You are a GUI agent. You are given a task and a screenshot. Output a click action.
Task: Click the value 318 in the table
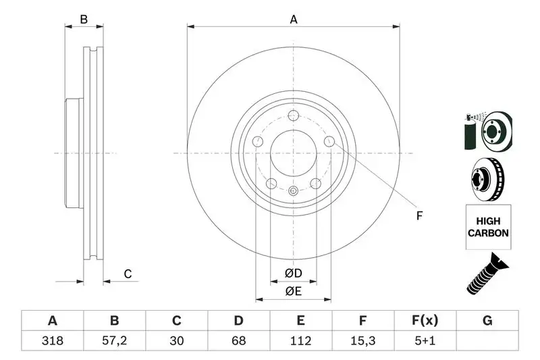[x=52, y=342]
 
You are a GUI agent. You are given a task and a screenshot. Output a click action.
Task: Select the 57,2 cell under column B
[x=114, y=342]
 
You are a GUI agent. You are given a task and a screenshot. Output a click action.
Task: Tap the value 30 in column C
[x=176, y=342]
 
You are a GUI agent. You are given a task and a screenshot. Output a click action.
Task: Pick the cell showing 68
[x=238, y=342]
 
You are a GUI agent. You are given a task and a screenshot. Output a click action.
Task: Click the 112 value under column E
[x=300, y=342]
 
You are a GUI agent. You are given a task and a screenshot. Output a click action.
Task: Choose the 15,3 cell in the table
[x=362, y=342]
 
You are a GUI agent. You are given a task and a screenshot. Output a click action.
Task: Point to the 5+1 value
[x=425, y=342]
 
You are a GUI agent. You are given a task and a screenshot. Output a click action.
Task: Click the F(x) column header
[x=425, y=321]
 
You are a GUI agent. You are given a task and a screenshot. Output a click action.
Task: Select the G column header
[x=487, y=321]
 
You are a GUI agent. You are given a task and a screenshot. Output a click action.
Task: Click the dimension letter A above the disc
[x=294, y=20]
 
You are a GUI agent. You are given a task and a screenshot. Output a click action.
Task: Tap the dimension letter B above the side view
[x=84, y=20]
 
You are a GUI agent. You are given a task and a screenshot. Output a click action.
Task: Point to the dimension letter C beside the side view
[x=127, y=274]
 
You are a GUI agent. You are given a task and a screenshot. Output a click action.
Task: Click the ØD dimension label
[x=293, y=274]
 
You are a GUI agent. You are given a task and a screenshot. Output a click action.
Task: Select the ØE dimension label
[x=293, y=291]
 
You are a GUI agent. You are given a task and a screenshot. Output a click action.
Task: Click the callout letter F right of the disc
[x=418, y=216]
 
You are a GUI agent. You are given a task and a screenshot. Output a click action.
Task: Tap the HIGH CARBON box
[x=488, y=226]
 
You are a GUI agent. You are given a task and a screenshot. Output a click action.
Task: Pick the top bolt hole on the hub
[x=294, y=115]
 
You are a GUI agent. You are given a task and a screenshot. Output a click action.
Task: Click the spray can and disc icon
[x=488, y=130]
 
